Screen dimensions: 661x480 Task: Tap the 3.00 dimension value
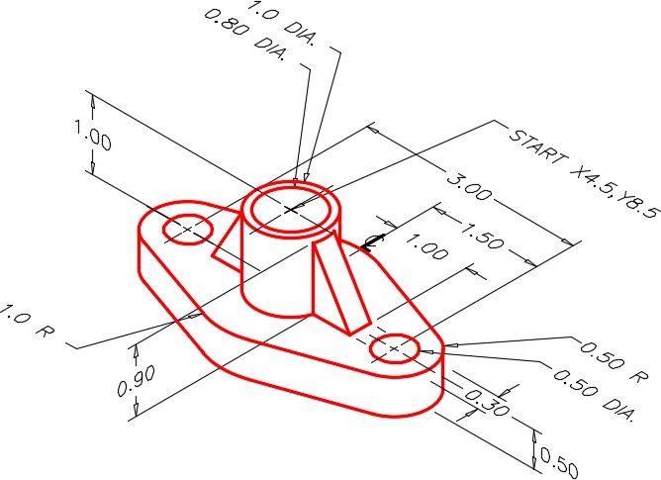click(468, 187)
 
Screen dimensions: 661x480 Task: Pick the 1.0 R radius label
click(27, 322)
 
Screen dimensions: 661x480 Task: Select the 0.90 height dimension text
click(136, 381)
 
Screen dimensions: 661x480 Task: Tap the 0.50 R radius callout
click(614, 363)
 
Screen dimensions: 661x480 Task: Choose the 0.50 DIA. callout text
click(594, 395)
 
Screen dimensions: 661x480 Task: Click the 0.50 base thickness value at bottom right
click(558, 463)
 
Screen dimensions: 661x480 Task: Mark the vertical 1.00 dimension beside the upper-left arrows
click(93, 135)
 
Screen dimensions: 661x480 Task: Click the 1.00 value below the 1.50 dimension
click(426, 246)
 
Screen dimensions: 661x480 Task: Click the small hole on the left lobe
click(188, 229)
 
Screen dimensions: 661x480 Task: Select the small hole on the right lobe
click(395, 348)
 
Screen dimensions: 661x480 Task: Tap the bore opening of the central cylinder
click(291, 210)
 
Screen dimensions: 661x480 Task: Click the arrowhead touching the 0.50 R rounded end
click(450, 345)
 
